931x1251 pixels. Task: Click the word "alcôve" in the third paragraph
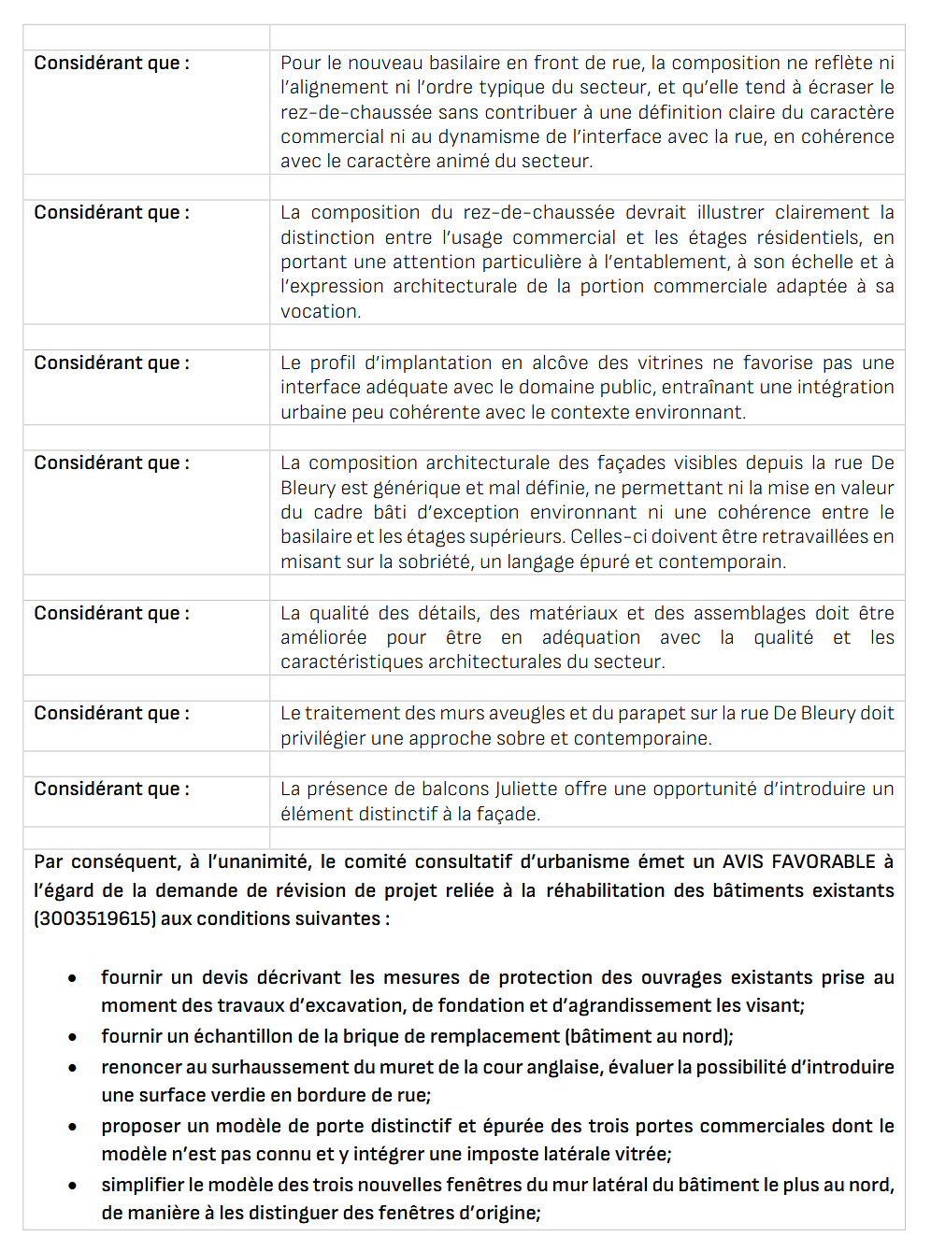tap(561, 363)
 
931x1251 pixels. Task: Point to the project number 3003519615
tap(94, 918)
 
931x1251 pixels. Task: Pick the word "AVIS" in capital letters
tap(743, 861)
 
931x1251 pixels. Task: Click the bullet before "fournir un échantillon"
tap(72, 1037)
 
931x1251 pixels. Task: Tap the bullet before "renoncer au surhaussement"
tap(72, 1068)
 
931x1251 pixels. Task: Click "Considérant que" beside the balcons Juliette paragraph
tap(111, 789)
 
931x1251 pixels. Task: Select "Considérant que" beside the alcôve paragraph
tap(111, 363)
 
